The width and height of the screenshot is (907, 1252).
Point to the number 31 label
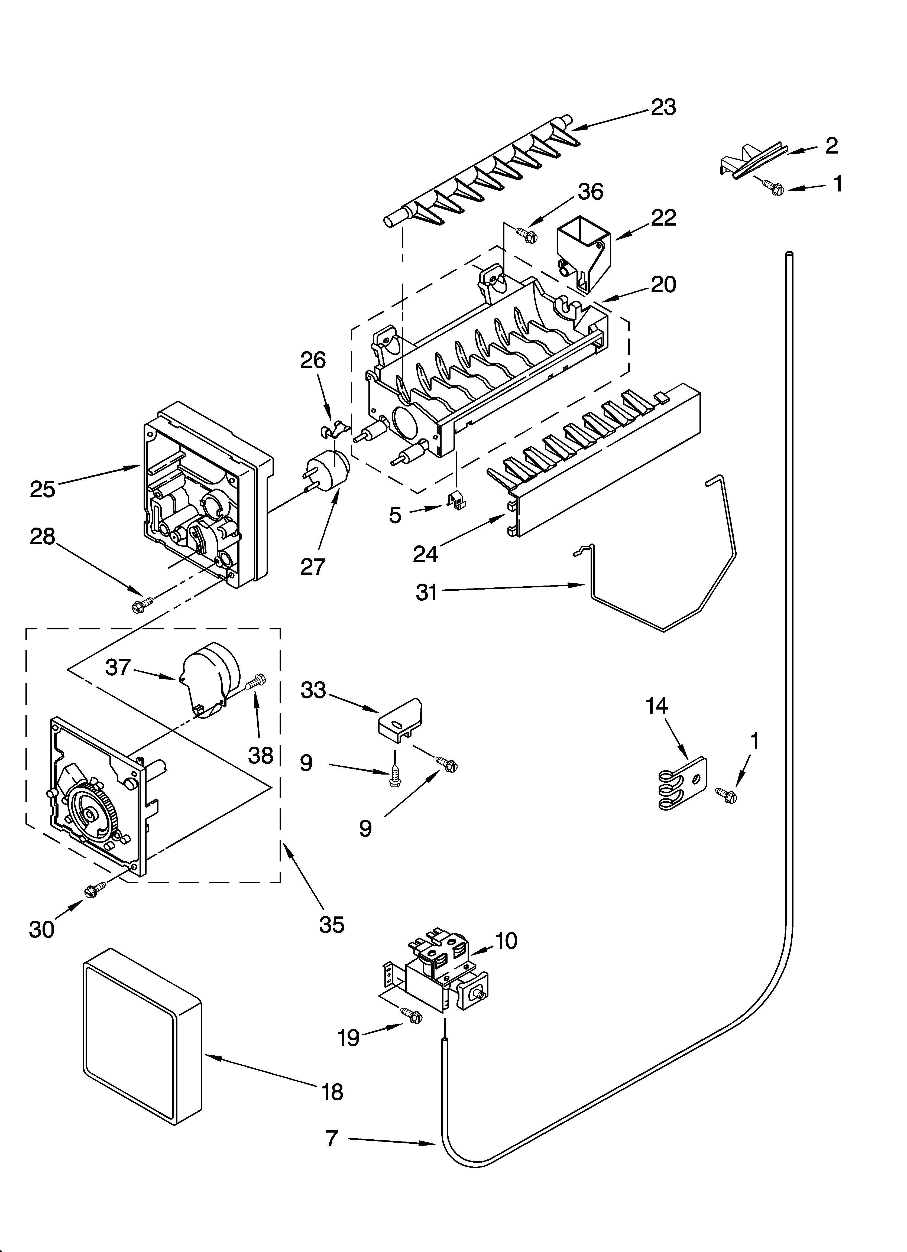pyautogui.click(x=426, y=592)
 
